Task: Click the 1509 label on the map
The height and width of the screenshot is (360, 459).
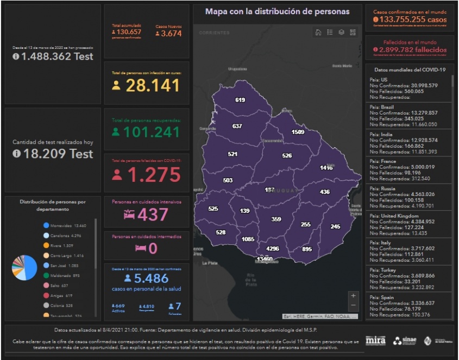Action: pyautogui.click(x=297, y=132)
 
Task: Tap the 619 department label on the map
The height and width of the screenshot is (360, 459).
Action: pyautogui.click(x=240, y=100)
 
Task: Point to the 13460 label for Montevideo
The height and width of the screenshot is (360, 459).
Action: pyautogui.click(x=265, y=259)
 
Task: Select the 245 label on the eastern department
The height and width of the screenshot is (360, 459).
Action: pyautogui.click(x=335, y=226)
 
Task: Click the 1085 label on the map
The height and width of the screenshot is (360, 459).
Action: pyautogui.click(x=248, y=239)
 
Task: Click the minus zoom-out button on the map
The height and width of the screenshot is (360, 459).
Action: pyautogui.click(x=354, y=306)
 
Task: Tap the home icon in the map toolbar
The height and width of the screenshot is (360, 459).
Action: pyautogui.click(x=318, y=33)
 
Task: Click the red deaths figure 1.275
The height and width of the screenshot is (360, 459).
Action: pyautogui.click(x=153, y=175)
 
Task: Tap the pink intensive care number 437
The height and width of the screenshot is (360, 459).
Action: pyautogui.click(x=153, y=214)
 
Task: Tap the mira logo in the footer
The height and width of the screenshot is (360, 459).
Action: pyautogui.click(x=375, y=340)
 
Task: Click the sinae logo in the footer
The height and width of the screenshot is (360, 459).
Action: pyautogui.click(x=405, y=340)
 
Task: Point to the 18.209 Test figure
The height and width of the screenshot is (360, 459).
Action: pyautogui.click(x=53, y=154)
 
